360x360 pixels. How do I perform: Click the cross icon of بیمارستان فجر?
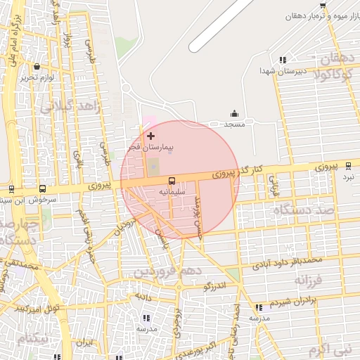pyautogui.click(x=151, y=135)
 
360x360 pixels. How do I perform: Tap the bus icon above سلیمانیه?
pyautogui.click(x=172, y=180)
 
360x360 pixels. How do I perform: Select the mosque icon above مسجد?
pyautogui.click(x=234, y=114)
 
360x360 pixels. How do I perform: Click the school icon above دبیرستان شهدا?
pyautogui.click(x=283, y=60)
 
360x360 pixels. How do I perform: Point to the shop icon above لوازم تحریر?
pyautogui.click(x=37, y=67)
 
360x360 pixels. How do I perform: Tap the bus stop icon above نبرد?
pyautogui.click(x=348, y=166)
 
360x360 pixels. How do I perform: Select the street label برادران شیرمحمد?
pyautogui.click(x=302, y=301)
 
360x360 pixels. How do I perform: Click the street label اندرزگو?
pyautogui.click(x=213, y=286)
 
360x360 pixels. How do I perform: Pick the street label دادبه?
pyautogui.click(x=143, y=297)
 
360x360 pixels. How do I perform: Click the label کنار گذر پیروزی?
pyautogui.click(x=237, y=170)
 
